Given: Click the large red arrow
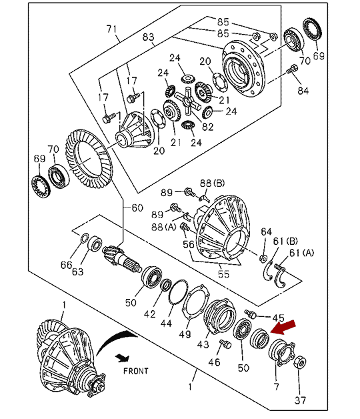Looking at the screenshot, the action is click(x=283, y=327).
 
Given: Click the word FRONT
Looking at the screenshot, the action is click(x=136, y=371).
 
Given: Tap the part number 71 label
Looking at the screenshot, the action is click(x=111, y=29).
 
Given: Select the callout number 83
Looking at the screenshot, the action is click(x=148, y=37).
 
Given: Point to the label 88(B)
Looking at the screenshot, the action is click(x=213, y=183).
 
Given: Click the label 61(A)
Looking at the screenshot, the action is click(x=301, y=252).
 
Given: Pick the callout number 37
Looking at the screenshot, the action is click(x=300, y=400).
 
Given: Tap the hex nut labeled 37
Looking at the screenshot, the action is click(x=300, y=362).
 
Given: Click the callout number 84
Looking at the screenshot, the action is click(x=303, y=91).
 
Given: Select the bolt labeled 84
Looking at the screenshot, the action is click(x=291, y=69).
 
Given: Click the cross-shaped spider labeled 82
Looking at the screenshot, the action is click(x=188, y=100).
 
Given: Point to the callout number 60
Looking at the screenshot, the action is click(x=137, y=207).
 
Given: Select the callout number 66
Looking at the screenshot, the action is click(x=66, y=265).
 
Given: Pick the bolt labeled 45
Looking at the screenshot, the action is click(x=251, y=314).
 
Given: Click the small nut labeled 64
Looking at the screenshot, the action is click(x=263, y=258).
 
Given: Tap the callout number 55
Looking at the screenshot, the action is click(x=223, y=274).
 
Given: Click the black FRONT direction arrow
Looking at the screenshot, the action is click(x=123, y=358).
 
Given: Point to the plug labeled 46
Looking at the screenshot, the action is click(x=225, y=344).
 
